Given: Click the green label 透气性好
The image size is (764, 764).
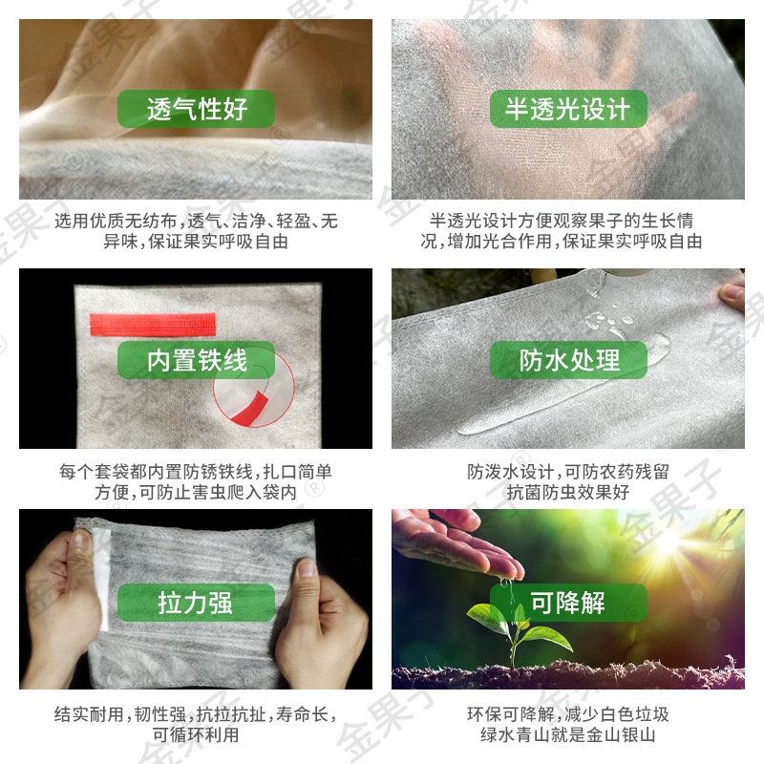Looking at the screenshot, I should [196, 109].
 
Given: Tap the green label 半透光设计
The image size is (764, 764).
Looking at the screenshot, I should [568, 109].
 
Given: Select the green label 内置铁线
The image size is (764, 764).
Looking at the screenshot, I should [196, 360].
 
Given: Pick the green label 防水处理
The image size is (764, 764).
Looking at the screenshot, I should [568, 360].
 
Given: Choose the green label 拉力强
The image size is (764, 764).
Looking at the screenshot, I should [196, 603].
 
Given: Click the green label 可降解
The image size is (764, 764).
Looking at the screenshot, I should [568, 603].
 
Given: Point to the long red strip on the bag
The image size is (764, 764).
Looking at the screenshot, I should [153, 324].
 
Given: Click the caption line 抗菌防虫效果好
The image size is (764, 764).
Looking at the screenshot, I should [568, 493].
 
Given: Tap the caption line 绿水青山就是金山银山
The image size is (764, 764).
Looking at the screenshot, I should [568, 735].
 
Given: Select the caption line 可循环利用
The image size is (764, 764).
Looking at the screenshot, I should [196, 735].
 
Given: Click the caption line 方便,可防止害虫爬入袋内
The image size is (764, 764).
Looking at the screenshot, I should [196, 493].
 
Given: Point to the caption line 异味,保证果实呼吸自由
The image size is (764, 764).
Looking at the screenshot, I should [196, 242].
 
